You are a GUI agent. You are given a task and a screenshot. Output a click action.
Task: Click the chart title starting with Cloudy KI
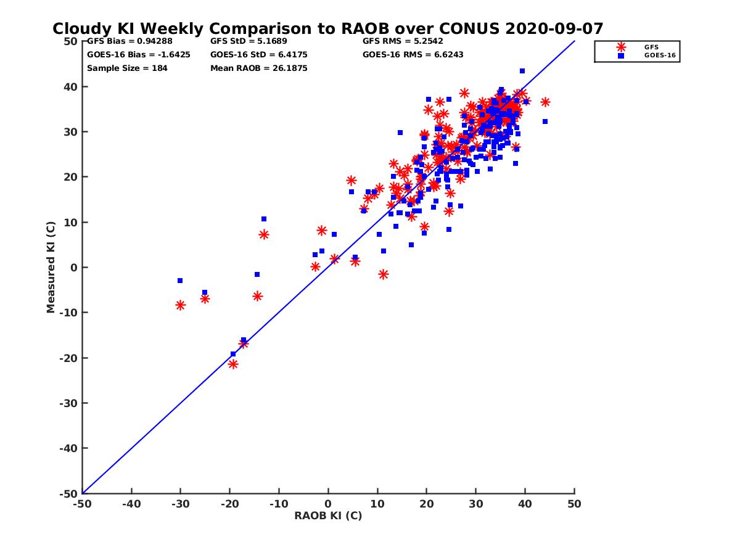pyautogui.click(x=327, y=28)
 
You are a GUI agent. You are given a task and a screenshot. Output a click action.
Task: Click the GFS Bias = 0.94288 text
pyautogui.click(x=126, y=41)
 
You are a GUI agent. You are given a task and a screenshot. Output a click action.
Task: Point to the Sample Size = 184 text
pyautogui.click(x=127, y=68)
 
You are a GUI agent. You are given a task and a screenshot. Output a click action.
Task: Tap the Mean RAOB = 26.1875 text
pyautogui.click(x=258, y=68)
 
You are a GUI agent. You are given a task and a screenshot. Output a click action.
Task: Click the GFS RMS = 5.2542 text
pyautogui.click(x=403, y=41)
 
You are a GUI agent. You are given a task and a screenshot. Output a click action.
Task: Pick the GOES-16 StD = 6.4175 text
pyautogui.click(x=258, y=54)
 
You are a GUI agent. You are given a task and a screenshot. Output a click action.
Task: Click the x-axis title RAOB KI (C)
pyautogui.click(x=328, y=516)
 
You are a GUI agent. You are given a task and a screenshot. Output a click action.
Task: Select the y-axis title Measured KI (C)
pyautogui.click(x=51, y=268)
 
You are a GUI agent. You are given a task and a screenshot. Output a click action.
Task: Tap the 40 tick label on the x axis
pyautogui.click(x=525, y=504)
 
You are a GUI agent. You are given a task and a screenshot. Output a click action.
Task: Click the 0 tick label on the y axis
pyautogui.click(x=73, y=268)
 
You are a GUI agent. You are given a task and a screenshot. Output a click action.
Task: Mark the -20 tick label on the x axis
pyautogui.click(x=229, y=504)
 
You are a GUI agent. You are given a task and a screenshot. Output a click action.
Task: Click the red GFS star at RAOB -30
pyautogui.click(x=180, y=305)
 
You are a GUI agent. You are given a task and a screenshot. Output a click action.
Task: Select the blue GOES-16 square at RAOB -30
pyautogui.click(x=180, y=281)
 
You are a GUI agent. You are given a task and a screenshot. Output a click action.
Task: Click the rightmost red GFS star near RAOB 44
pyautogui.click(x=545, y=102)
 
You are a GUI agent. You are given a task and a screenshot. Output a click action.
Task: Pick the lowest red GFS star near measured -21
pyautogui.click(x=233, y=364)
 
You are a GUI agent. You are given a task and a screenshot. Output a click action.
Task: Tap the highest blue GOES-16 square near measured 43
pyautogui.click(x=522, y=71)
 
